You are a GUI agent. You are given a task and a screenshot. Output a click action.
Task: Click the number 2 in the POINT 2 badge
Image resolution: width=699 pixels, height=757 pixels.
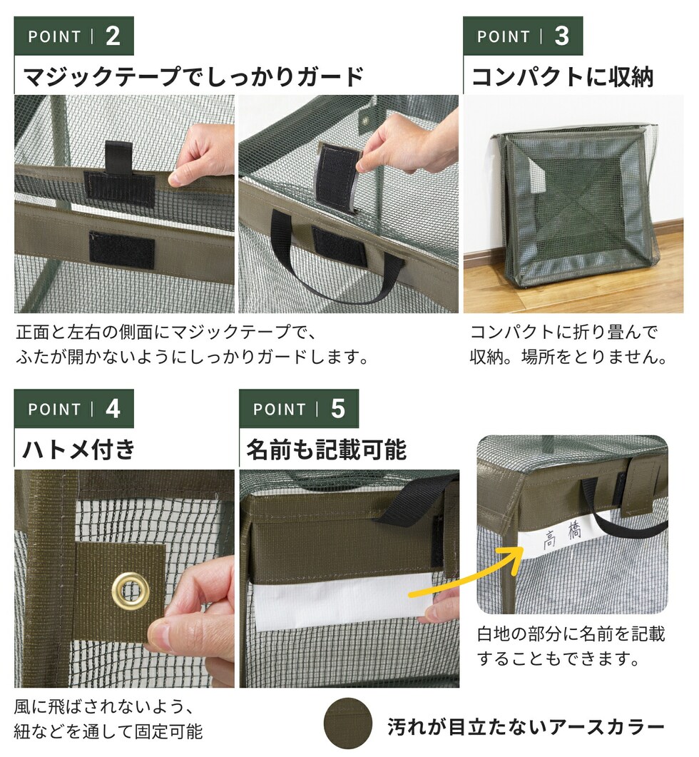[113, 36]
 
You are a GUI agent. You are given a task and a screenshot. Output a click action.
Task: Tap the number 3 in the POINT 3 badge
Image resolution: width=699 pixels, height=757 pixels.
[562, 36]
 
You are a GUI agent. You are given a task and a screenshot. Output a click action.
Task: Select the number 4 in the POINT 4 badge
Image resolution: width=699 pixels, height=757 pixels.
[113, 409]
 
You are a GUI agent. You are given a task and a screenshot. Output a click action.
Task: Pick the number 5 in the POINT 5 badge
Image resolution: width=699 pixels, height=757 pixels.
[338, 409]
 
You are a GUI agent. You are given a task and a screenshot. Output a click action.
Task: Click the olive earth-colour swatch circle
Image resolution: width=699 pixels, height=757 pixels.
[348, 723]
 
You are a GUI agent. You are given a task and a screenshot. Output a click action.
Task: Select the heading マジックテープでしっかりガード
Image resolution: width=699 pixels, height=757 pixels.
[193, 77]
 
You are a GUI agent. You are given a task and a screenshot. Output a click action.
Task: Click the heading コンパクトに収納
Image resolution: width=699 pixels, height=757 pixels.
[563, 77]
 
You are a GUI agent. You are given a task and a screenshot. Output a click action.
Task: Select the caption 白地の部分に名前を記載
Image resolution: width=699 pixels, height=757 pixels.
[571, 634]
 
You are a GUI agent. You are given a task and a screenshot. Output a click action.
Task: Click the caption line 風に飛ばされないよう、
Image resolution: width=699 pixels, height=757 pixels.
[104, 707]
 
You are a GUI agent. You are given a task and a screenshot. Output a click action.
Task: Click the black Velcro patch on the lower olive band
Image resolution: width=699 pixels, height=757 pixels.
[122, 250]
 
